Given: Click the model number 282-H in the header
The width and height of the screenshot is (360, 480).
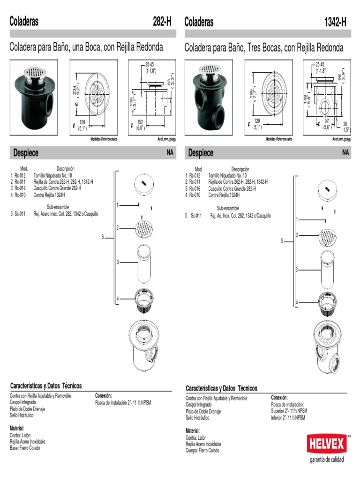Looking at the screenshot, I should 162,22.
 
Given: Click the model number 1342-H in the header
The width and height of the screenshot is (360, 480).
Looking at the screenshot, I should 336,22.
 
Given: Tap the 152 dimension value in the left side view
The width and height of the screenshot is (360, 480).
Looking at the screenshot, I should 140,122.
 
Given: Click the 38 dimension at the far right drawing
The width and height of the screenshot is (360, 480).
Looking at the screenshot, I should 345,125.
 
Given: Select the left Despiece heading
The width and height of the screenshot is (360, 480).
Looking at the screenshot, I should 26,153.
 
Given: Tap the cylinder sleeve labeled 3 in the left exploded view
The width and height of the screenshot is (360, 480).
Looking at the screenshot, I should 145,262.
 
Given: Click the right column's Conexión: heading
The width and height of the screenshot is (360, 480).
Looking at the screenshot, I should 279,397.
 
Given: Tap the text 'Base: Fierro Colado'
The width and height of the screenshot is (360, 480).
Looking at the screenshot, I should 25,448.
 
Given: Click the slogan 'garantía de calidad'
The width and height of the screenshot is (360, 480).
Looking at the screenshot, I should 326,459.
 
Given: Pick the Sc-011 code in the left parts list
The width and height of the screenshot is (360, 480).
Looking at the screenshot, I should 20,214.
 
